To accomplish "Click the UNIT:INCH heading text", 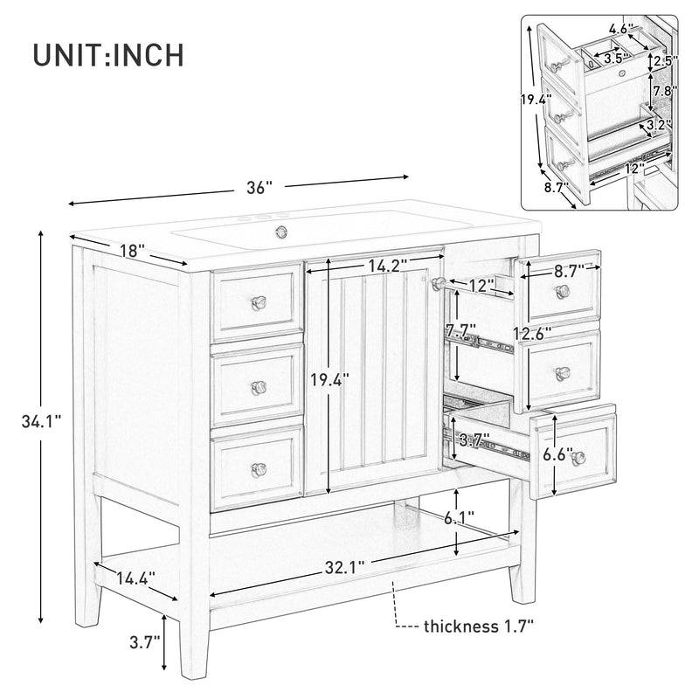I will pos(108,53).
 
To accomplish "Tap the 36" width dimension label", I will pos(259,187).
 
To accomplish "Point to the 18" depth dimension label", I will pos(131,251).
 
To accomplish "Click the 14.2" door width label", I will pos(389,266).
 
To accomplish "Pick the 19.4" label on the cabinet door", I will pos(330,379).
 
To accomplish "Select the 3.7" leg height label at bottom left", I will pos(144,642).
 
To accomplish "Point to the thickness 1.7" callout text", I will pos(477,626).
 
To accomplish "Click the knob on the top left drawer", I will pos(259,302).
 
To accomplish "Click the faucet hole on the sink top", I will pos(281,232).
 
